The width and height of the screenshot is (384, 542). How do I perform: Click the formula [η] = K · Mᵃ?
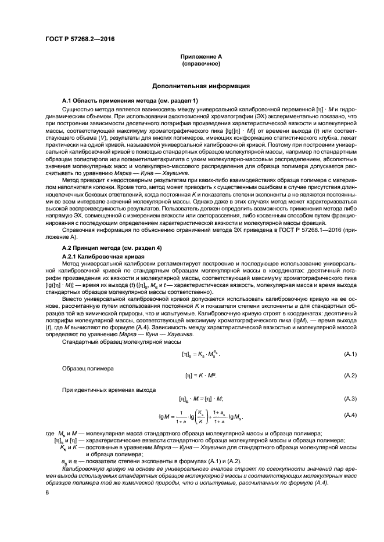click(197, 376)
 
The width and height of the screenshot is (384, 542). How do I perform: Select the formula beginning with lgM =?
click(196, 416)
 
